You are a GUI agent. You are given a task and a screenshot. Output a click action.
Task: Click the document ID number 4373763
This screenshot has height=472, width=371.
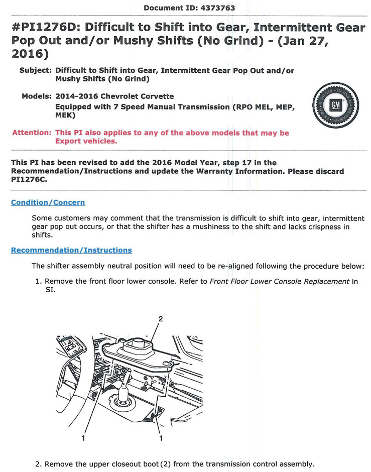217,8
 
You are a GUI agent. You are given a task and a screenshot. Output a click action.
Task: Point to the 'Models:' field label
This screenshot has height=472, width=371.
37,96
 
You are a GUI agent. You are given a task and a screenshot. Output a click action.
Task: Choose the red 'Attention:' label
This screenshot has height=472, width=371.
32,133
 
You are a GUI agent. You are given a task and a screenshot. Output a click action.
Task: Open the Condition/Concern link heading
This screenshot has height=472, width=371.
48,202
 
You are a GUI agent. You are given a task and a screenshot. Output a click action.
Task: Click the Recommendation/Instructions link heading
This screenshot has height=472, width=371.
71,250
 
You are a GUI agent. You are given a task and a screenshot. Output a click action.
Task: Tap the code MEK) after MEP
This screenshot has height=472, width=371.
65,115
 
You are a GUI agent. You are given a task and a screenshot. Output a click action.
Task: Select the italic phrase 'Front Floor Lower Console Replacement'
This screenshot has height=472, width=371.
279,281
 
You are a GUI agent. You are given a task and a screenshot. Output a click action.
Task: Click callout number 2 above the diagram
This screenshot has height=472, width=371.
161,318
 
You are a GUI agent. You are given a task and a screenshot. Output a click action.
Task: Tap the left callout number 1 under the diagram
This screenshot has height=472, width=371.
83,438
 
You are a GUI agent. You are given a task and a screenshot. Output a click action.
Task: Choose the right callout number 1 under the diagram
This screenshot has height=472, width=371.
161,438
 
